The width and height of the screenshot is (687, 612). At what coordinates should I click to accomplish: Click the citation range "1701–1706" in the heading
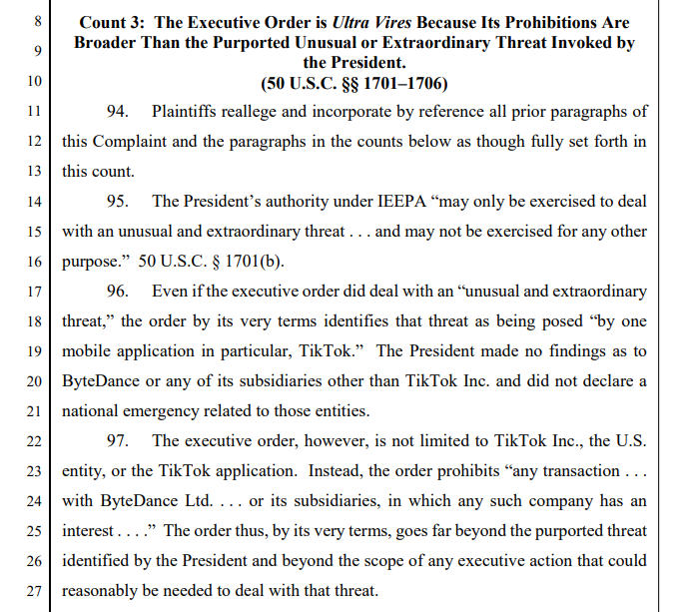tap(404, 82)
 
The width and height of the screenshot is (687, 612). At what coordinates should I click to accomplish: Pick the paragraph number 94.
tap(118, 112)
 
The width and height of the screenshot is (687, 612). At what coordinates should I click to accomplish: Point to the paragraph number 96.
tap(118, 292)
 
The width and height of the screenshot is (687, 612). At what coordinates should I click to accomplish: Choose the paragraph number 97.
tap(118, 441)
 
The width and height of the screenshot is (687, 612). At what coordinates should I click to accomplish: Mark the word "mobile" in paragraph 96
tap(87, 351)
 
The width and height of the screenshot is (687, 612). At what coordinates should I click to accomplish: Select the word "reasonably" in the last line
tap(103, 591)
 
